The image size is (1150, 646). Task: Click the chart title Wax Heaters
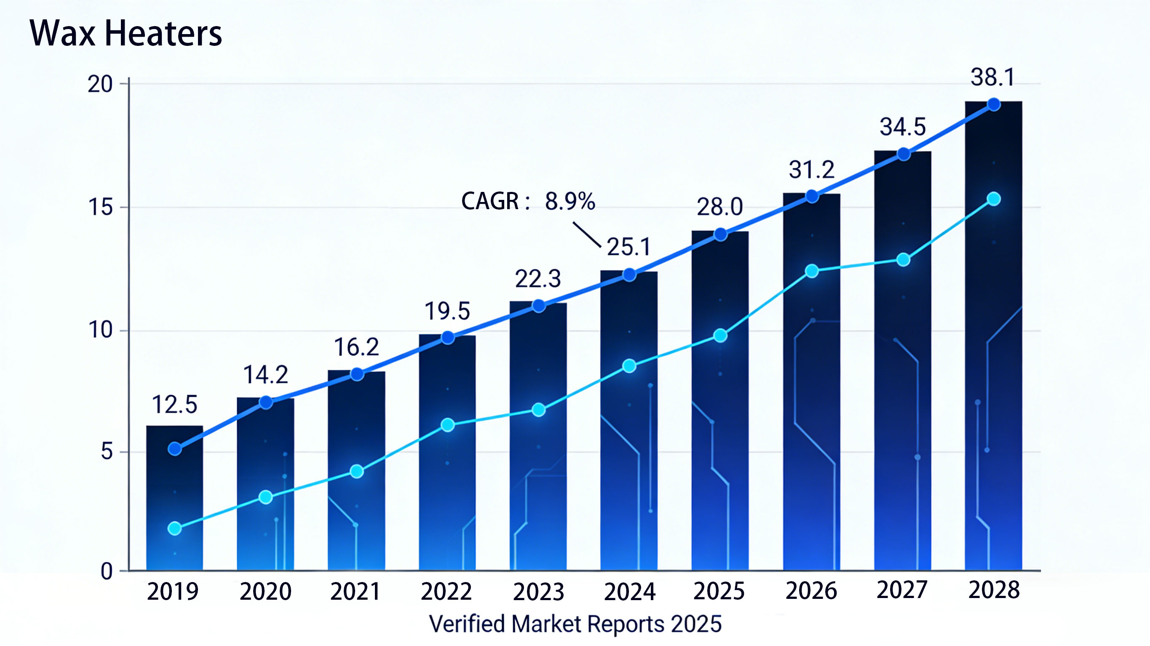[x=126, y=34]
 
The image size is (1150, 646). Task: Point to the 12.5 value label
[x=174, y=404]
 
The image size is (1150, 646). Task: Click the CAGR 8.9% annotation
[x=528, y=201]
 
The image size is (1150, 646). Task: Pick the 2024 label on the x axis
[x=629, y=592]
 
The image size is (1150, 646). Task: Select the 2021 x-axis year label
[x=356, y=592]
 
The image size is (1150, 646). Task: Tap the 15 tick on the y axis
[x=100, y=207]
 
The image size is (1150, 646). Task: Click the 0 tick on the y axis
[x=106, y=572]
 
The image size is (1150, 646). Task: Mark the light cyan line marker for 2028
[x=994, y=199]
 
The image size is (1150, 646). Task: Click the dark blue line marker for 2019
[x=174, y=449]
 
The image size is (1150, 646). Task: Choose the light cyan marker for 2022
[x=448, y=425]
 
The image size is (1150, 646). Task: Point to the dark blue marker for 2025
[x=720, y=234]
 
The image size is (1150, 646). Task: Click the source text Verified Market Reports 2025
[x=575, y=624]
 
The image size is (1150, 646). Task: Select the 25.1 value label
[x=628, y=247]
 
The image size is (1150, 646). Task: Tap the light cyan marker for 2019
[x=174, y=529]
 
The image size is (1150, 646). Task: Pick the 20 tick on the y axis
[x=100, y=84]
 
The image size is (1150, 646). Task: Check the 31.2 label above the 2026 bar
[x=811, y=170]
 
